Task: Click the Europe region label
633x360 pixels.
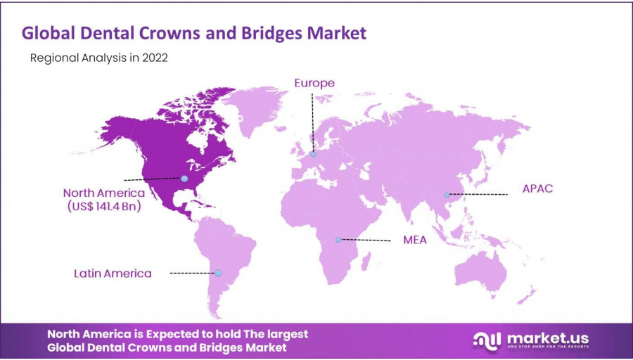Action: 314,83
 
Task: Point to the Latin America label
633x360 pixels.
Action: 113,273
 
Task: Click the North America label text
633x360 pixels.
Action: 103,193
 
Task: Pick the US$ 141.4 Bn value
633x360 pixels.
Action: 103,207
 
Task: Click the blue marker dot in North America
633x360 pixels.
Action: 184,179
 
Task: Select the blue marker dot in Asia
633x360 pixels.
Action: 447,195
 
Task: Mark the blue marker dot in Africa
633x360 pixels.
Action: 338,240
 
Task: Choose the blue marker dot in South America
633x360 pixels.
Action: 218,273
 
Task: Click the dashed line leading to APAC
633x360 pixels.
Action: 478,194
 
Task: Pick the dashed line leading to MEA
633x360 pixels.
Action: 366,240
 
